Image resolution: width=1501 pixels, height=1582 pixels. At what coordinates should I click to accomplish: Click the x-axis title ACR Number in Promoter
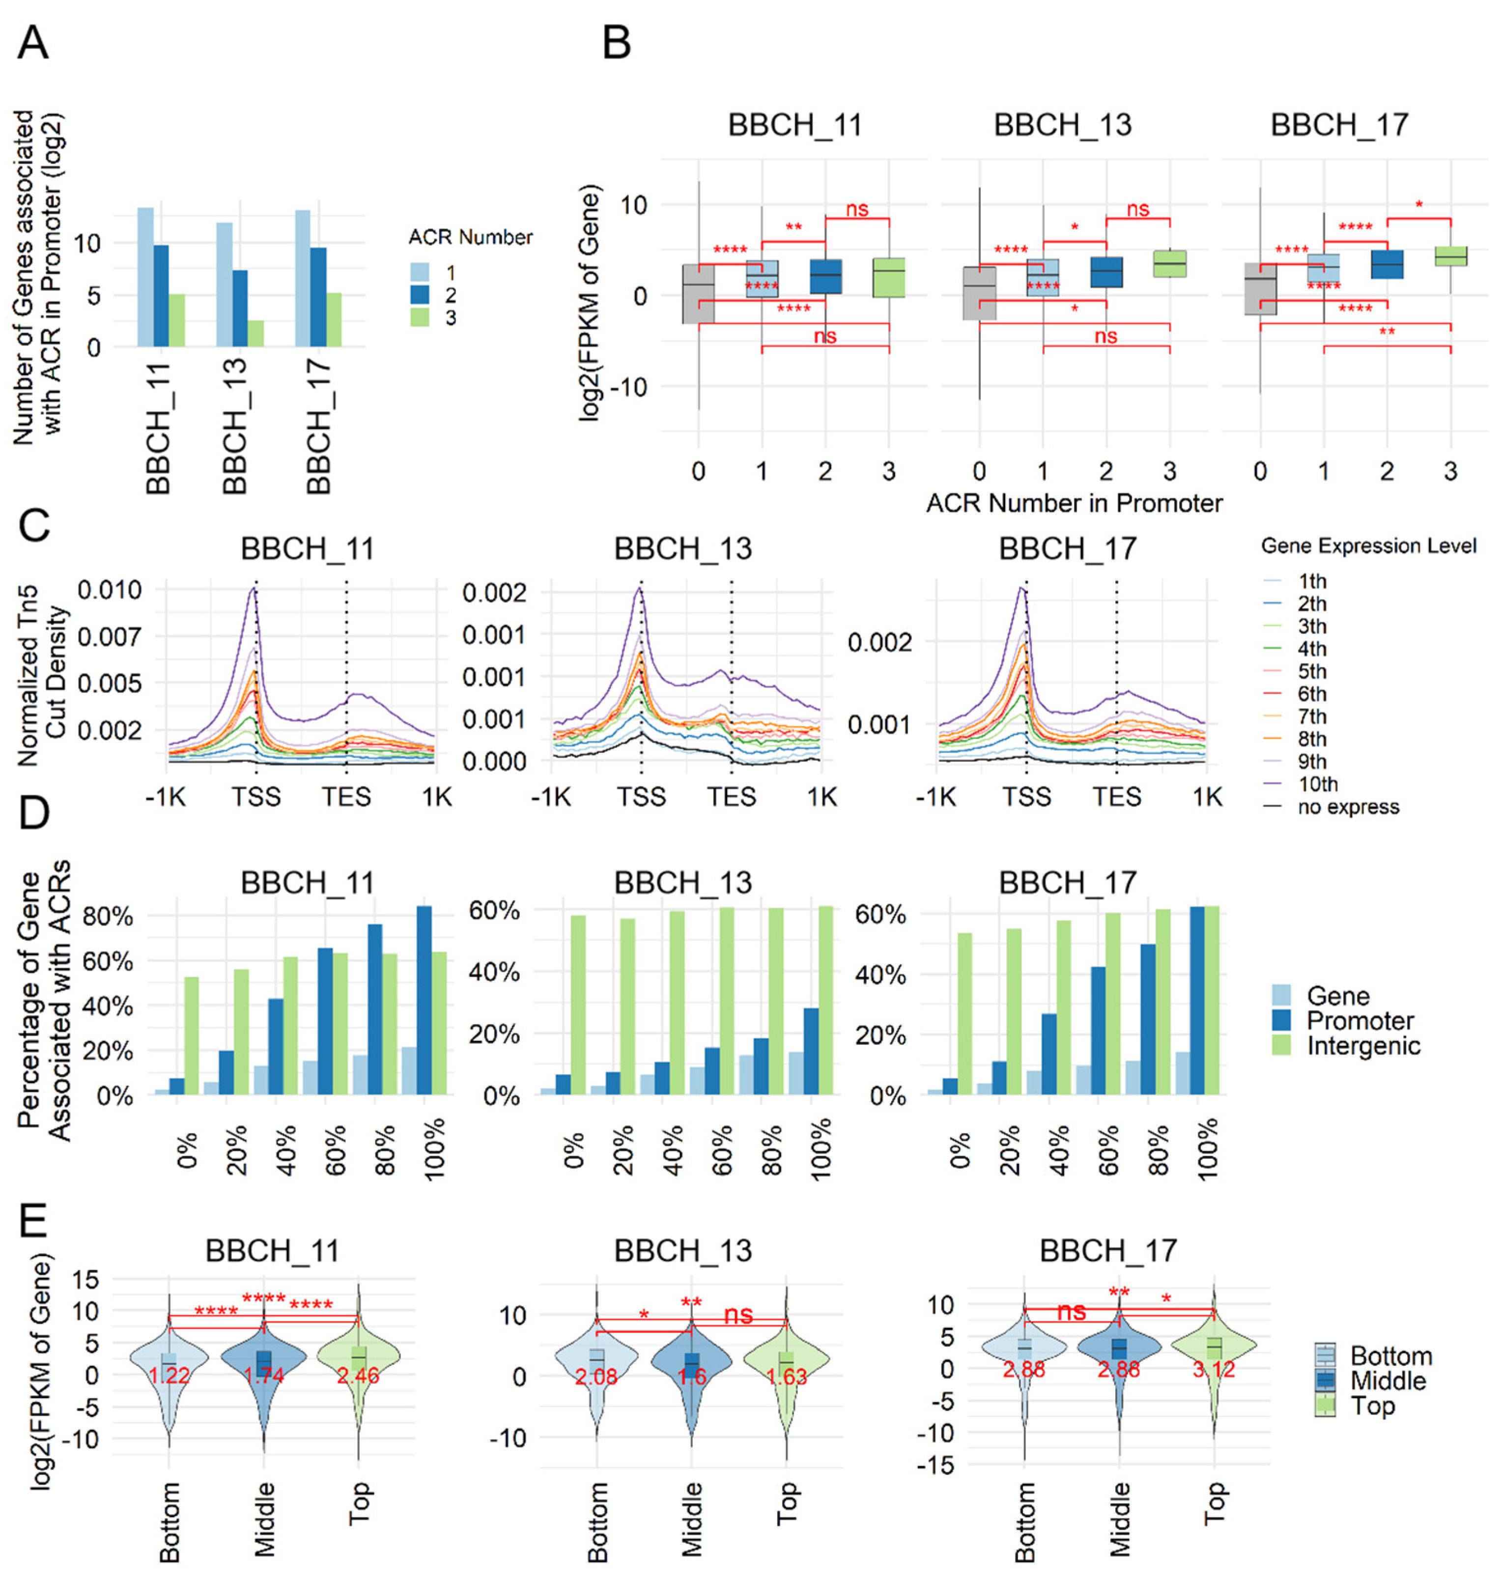point(1074,503)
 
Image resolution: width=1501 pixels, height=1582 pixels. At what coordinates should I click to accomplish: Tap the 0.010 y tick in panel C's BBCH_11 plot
point(110,591)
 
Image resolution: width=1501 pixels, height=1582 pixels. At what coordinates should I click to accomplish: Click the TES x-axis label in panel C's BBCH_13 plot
point(731,797)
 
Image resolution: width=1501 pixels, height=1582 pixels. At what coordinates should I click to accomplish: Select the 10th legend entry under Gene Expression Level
point(1317,784)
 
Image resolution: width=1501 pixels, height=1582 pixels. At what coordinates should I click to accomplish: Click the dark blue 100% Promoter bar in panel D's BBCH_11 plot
point(424,1000)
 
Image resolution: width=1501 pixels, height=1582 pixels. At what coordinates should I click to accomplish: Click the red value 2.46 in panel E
point(358,1377)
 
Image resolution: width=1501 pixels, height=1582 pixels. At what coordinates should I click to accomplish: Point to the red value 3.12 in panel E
point(1214,1369)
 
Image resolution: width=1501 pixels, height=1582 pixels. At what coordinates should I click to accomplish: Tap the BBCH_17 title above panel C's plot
point(1067,549)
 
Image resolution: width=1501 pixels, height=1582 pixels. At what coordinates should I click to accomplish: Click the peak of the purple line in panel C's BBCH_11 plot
point(254,588)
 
